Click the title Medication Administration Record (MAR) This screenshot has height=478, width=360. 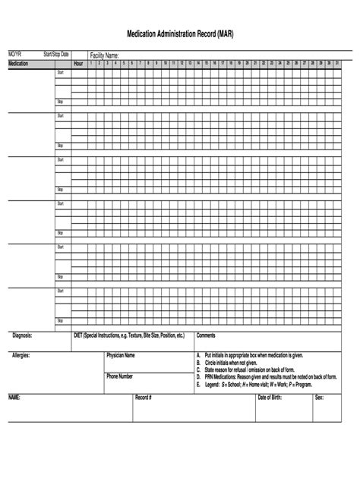click(180, 35)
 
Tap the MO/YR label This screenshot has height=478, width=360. click(15, 55)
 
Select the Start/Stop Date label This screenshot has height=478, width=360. click(56, 55)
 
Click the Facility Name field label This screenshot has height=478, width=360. click(105, 55)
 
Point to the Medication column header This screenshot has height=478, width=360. click(19, 63)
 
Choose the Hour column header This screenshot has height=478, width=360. click(78, 63)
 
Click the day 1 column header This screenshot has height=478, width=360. click(91, 62)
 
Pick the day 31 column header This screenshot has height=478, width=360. click(337, 62)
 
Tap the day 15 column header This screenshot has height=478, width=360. click(207, 62)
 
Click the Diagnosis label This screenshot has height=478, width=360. click(22, 335)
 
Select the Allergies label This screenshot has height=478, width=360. click(21, 354)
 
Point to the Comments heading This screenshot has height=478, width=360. click(207, 335)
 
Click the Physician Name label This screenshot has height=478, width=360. click(121, 355)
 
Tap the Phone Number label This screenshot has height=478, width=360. click(119, 376)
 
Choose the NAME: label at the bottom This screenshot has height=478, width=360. click(14, 397)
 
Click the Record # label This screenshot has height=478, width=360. click(144, 397)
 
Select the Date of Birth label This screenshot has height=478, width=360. click(271, 397)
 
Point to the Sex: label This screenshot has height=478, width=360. click(320, 397)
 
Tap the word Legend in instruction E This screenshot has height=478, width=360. click(212, 385)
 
